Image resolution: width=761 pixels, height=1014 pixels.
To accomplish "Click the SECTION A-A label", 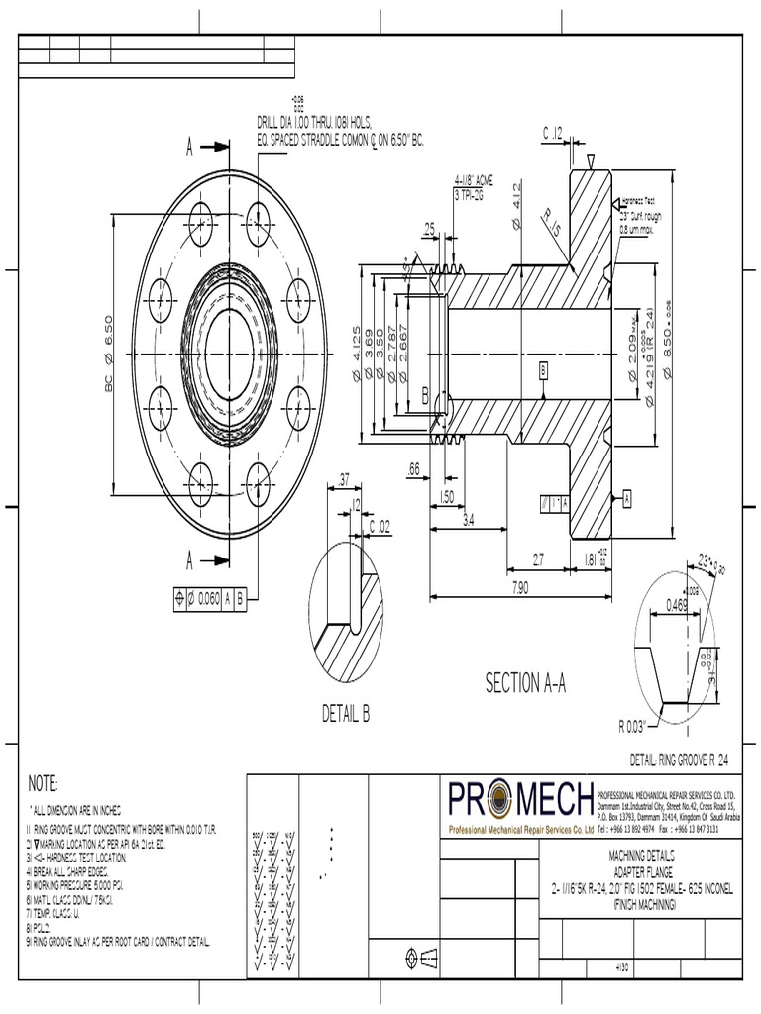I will click(524, 683).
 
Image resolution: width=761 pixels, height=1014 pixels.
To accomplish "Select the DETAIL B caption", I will click(346, 714).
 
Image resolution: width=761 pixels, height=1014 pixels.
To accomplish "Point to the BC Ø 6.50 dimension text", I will click(109, 354).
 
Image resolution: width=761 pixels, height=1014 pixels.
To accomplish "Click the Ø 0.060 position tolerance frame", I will click(208, 597).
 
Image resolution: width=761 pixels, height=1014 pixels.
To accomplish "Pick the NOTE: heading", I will click(43, 782).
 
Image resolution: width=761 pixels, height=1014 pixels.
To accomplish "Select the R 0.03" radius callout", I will click(633, 726).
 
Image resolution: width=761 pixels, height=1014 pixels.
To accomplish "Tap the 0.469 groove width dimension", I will click(677, 604).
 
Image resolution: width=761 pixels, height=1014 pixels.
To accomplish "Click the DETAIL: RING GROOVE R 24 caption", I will click(684, 759).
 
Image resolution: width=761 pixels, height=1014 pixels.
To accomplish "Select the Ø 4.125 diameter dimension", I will click(356, 354).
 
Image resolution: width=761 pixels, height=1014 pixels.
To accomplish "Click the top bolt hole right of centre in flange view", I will click(259, 217).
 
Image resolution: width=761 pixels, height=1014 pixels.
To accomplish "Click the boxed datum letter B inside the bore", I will click(544, 369).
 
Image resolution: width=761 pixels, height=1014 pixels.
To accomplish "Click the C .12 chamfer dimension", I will click(553, 133).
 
